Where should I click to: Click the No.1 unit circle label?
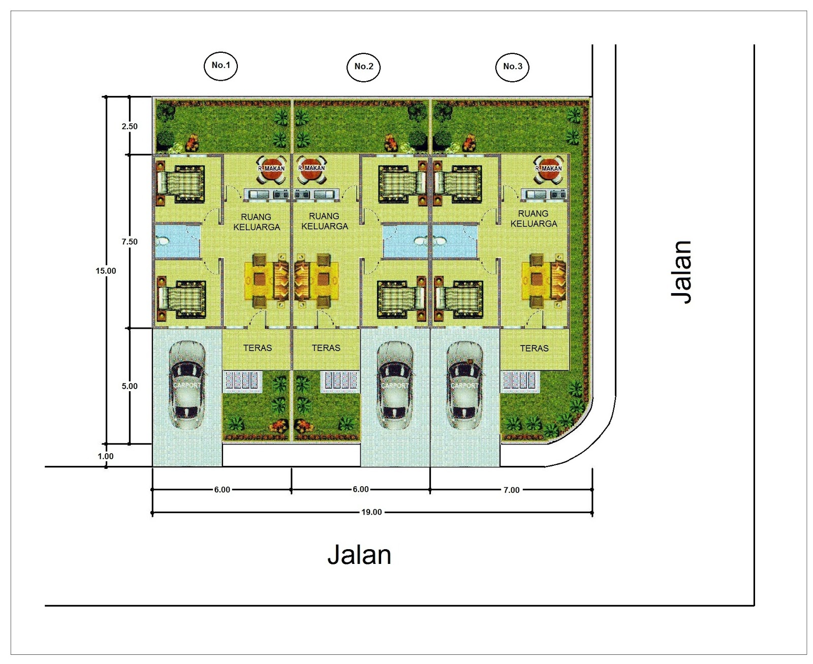[221, 66]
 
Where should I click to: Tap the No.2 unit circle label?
[363, 67]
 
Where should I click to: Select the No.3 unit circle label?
[512, 67]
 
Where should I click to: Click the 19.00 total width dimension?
[371, 512]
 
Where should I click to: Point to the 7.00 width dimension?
[511, 490]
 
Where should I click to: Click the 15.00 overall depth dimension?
[106, 271]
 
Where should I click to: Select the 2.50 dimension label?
[130, 127]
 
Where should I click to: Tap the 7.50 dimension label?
[130, 242]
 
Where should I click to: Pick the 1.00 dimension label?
[105, 456]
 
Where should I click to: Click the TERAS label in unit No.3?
[534, 349]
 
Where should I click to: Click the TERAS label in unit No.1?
[258, 348]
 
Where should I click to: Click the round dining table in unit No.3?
[548, 169]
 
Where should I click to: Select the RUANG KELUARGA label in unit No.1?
[257, 222]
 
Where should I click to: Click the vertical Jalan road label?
[681, 272]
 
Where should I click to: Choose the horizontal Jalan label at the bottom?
[359, 555]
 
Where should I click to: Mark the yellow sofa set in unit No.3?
[544, 280]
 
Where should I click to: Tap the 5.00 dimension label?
[130, 386]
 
